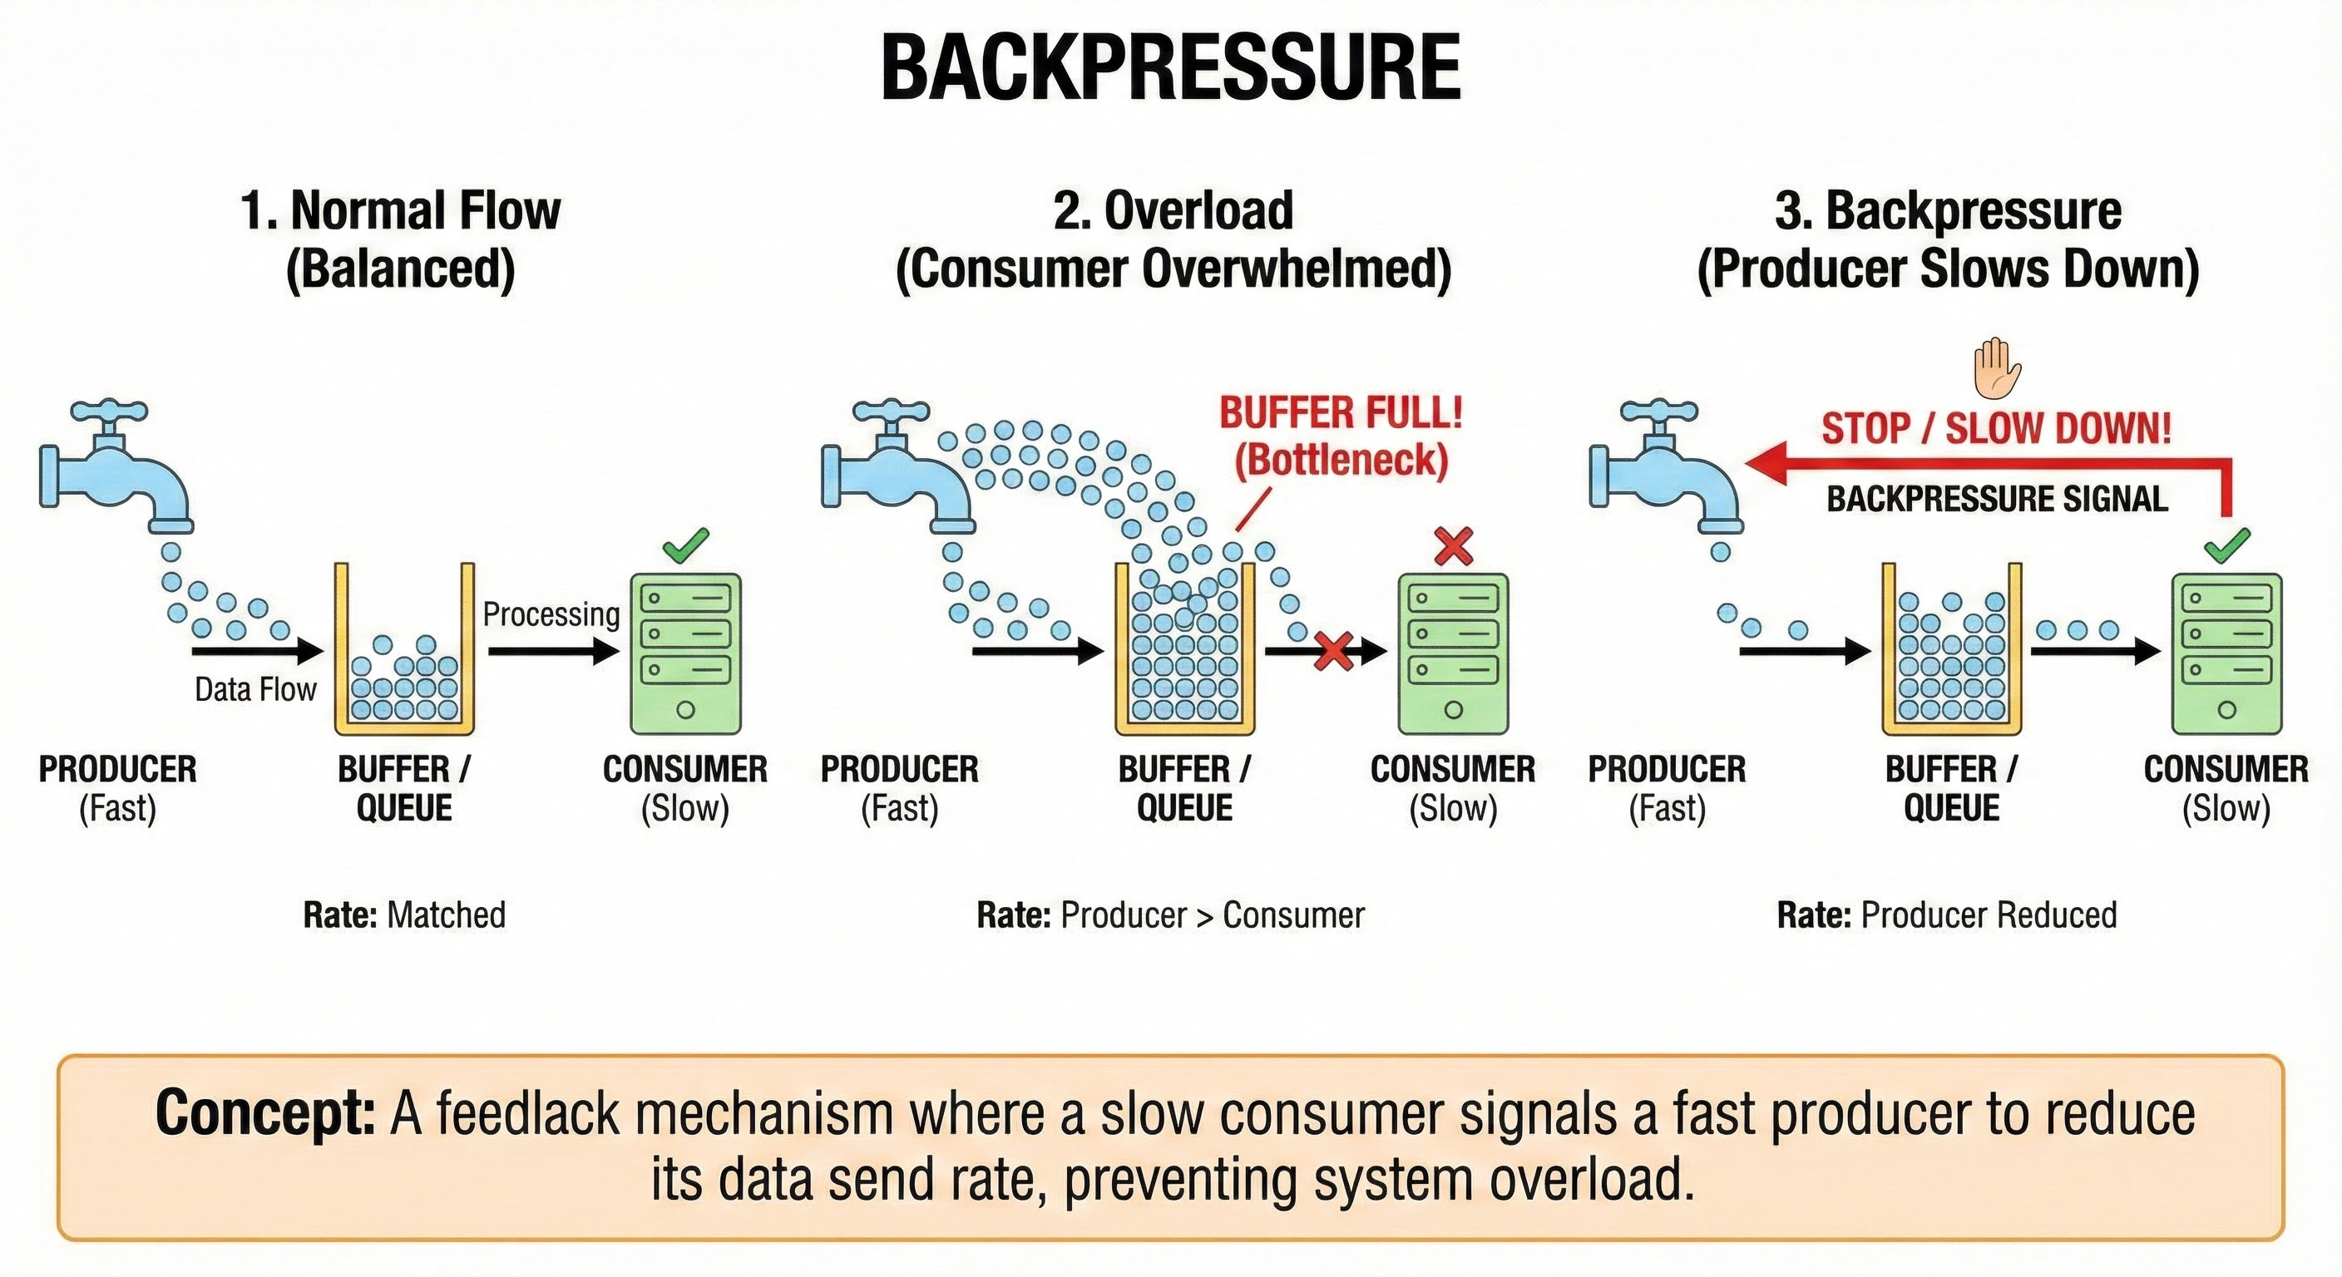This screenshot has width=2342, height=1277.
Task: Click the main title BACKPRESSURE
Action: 1171,68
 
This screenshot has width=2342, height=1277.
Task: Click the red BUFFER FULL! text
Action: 1341,413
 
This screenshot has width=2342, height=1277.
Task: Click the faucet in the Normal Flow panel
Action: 114,472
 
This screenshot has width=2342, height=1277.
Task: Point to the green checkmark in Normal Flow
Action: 685,545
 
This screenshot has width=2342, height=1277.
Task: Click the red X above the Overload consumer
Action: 1453,545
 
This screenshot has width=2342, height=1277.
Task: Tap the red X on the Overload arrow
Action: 1334,651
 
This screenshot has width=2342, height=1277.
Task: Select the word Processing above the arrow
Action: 551,614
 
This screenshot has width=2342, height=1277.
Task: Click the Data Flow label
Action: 255,690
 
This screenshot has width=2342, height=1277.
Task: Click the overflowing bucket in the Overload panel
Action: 1184,650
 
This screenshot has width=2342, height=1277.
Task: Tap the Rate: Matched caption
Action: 404,915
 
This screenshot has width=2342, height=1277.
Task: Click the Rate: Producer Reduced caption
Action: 1946,915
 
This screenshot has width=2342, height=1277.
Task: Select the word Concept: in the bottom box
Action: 264,1112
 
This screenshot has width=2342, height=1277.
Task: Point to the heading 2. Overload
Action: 1173,211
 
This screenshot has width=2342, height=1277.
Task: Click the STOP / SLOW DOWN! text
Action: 1997,428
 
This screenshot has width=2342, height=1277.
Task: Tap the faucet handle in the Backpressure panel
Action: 1658,413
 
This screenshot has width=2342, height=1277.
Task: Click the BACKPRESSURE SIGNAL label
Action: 1997,499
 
